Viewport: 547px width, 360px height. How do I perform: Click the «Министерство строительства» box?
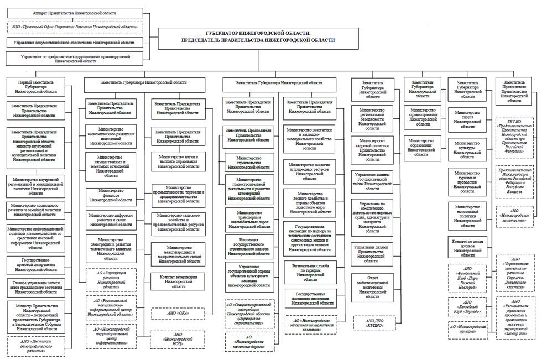pyautogui.click(x=248, y=163)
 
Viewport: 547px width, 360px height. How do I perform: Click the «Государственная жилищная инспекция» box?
pyautogui.click(x=314, y=298)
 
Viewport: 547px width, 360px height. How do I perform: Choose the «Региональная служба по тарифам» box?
pyautogui.click(x=314, y=269)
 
